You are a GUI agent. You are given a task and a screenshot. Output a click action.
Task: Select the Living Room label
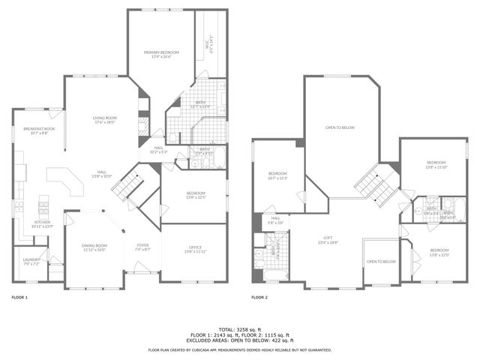pyautogui.click(x=104, y=119)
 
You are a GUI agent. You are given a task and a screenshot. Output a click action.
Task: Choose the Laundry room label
pyautogui.click(x=31, y=262)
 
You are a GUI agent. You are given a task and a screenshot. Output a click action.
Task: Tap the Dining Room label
pyautogui.click(x=94, y=247)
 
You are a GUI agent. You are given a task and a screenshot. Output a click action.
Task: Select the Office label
pyautogui.click(x=195, y=247)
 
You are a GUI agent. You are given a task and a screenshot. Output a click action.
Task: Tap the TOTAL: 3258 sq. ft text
pyautogui.click(x=240, y=329)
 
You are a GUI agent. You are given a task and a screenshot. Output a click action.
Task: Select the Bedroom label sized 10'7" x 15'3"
pyautogui.click(x=277, y=177)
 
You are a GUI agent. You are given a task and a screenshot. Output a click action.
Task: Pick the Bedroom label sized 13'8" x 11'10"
pyautogui.click(x=436, y=165)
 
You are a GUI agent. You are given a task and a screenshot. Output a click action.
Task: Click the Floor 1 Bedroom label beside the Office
pyautogui.click(x=195, y=195)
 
